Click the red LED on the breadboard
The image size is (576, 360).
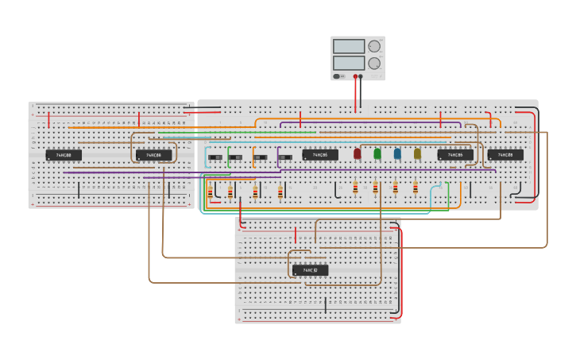click(x=357, y=153)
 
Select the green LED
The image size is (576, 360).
click(x=377, y=153)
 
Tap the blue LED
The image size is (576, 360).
click(x=397, y=153)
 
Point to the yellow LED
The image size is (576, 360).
click(x=417, y=153)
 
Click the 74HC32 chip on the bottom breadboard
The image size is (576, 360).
click(x=310, y=270)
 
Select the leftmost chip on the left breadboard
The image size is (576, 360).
click(x=64, y=155)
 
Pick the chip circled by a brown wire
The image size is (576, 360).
click(x=153, y=155)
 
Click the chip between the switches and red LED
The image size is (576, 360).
click(x=320, y=155)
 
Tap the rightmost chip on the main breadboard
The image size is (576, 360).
click(x=505, y=155)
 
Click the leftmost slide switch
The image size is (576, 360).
click(x=215, y=158)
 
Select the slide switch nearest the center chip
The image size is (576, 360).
click(x=284, y=158)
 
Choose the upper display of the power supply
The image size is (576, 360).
click(x=349, y=47)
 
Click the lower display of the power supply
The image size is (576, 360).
click(x=349, y=63)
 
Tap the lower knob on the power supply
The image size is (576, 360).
click(x=373, y=63)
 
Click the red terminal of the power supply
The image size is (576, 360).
click(x=355, y=77)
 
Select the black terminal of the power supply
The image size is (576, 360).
click(x=361, y=77)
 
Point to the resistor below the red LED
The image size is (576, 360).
click(x=355, y=188)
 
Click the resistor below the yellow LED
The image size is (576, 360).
click(x=415, y=188)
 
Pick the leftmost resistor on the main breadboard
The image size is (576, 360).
click(x=210, y=192)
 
